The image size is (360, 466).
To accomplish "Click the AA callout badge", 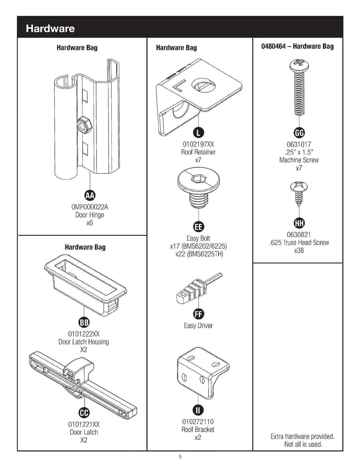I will (90, 195).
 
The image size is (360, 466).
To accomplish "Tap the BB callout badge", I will (84, 322).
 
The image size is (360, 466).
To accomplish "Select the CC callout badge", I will (84, 413).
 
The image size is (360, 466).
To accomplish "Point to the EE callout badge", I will (198, 227).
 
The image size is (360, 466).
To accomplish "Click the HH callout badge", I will (299, 223).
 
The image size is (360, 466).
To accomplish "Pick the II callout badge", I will (198, 410).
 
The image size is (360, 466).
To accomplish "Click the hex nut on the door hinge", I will (84, 125).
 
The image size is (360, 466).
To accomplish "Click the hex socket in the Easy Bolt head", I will (196, 178).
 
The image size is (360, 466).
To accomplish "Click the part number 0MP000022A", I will (90, 207).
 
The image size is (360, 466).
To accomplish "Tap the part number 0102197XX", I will (198, 144).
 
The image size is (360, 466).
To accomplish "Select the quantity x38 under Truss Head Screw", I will (299, 251).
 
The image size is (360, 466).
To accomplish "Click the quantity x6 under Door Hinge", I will (89, 223).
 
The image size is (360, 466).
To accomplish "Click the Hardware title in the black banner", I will (50, 29).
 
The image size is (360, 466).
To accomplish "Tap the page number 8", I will (180, 457).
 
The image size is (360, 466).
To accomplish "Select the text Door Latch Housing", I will (84, 342).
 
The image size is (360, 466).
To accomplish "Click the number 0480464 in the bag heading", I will (273, 46).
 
